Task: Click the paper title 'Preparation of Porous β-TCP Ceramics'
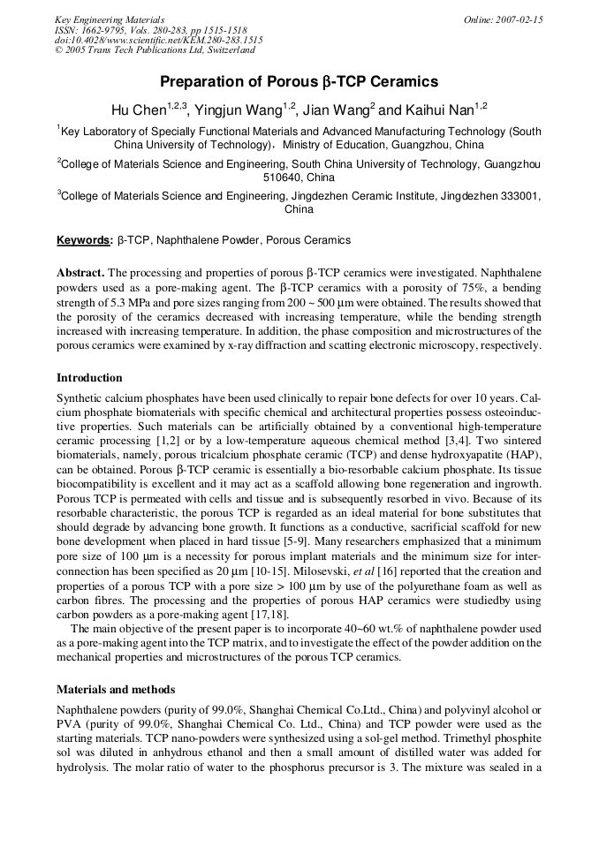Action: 299,82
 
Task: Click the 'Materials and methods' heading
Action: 116,689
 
